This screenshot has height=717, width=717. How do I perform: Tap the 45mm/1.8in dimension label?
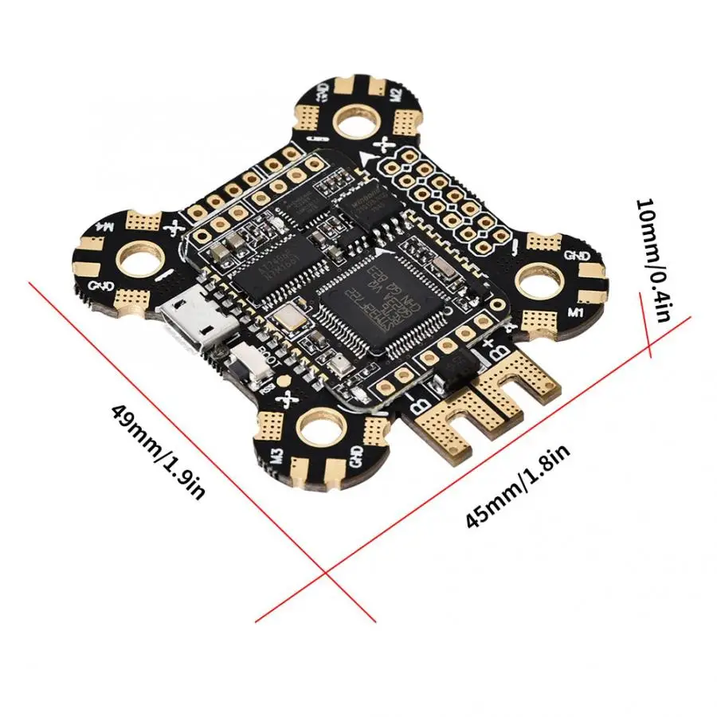[x=518, y=487]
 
